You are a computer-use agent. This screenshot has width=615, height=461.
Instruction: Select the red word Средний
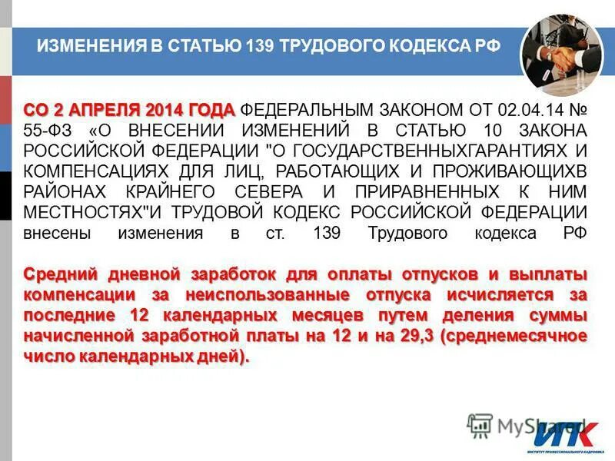tap(58, 274)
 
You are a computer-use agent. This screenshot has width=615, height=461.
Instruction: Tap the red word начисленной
tap(76, 337)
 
